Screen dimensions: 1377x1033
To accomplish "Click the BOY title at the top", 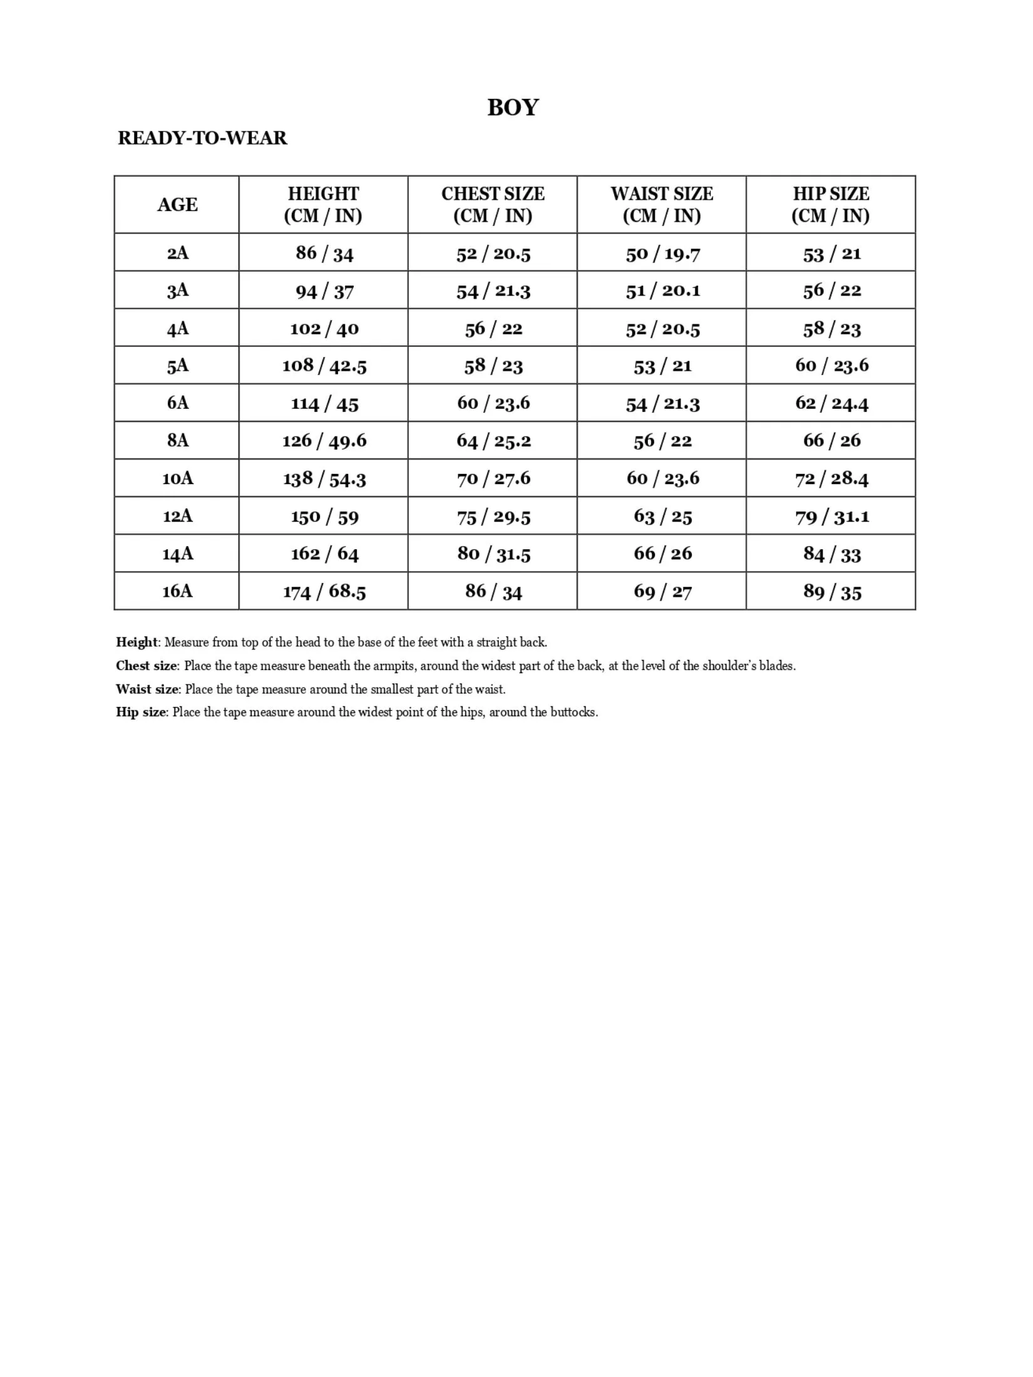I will pos(513,108).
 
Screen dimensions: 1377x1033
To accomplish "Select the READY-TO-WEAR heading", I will pos(202,138).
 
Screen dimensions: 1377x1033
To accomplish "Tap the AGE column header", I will pos(177,205).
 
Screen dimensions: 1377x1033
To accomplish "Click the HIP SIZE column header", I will pos(831,205).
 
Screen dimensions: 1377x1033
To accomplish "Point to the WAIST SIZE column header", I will pos(662,205).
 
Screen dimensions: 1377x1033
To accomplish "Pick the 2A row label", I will pos(177,253).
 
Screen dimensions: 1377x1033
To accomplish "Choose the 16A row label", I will pos(177,591).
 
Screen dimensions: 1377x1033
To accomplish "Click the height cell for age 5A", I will pos(324,366).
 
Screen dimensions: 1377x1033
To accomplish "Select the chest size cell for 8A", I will pos(493,441).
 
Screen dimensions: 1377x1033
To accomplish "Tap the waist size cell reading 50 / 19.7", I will pos(662,254).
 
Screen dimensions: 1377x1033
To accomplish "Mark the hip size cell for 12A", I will pos(832,517).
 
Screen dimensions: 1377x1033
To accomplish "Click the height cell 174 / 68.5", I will pos(324,591).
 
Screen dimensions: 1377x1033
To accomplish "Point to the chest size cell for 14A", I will pos(493,554).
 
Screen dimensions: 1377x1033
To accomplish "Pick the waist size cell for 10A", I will pos(662,478).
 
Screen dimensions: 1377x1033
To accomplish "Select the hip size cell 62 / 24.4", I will pos(832,403).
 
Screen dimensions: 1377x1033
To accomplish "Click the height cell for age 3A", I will pos(324,291).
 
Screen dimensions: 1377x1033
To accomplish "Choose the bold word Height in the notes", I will pos(136,642).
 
